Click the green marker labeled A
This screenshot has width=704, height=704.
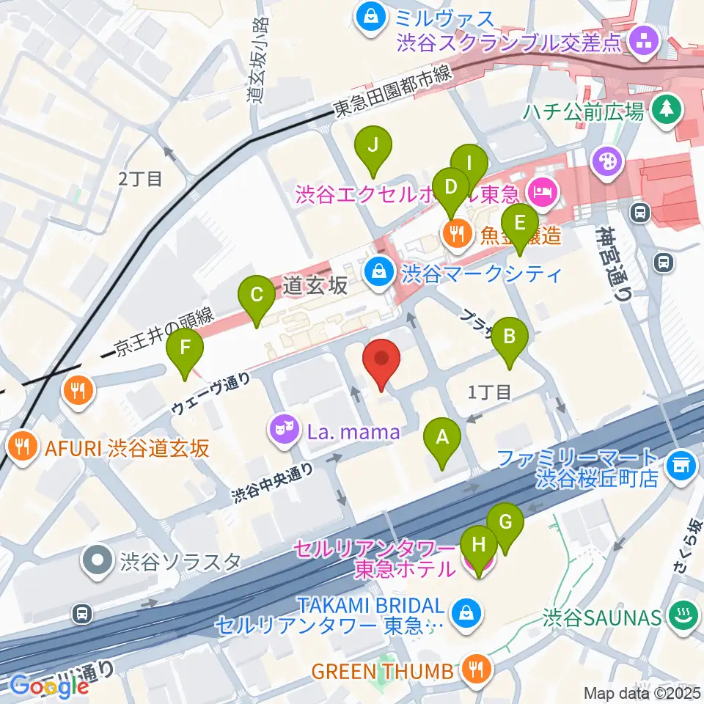(x=442, y=439)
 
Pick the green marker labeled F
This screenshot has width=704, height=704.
(x=185, y=347)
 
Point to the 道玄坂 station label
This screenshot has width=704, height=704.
(x=316, y=286)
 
